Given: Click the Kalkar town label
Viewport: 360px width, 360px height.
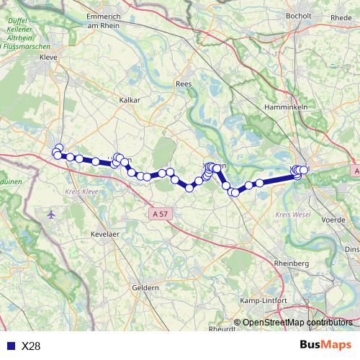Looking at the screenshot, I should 130,100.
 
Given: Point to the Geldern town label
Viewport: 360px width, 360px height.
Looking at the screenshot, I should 145,287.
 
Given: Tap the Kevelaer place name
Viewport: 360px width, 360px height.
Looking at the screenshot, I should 104,236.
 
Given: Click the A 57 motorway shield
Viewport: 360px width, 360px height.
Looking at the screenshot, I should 161,213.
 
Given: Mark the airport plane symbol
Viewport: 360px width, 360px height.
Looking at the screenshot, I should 50,215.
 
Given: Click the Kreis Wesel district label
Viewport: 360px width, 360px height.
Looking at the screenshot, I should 292,215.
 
